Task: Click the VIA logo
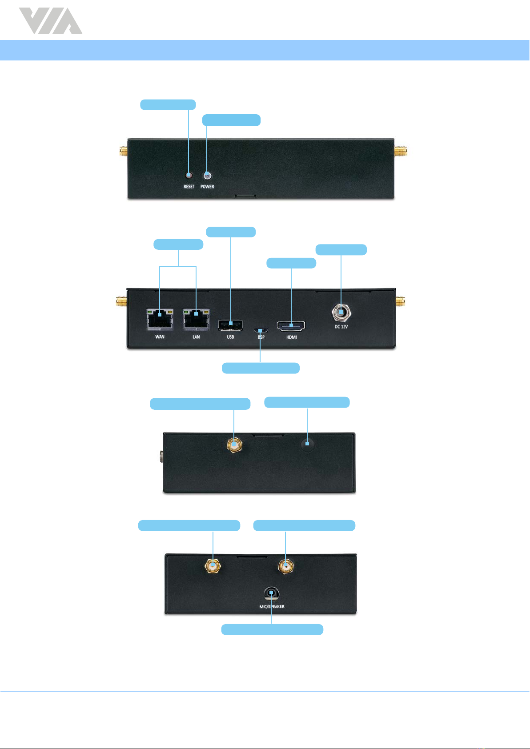pyautogui.click(x=50, y=21)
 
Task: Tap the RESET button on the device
pyautogui.click(x=189, y=175)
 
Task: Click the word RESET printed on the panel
pyautogui.click(x=189, y=187)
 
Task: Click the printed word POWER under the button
pyautogui.click(x=207, y=187)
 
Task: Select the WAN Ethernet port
pyautogui.click(x=160, y=319)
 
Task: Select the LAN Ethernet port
pyautogui.click(x=196, y=319)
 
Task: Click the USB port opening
pyautogui.click(x=230, y=324)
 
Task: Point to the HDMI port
pyautogui.click(x=291, y=326)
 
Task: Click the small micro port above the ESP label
pyautogui.click(x=261, y=330)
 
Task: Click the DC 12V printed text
pyautogui.click(x=341, y=327)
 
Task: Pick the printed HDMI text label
pyautogui.click(x=291, y=337)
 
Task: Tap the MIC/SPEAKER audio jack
pyautogui.click(x=271, y=593)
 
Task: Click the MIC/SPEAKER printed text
pyautogui.click(x=272, y=607)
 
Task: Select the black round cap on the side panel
pyautogui.click(x=307, y=444)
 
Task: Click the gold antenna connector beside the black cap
pyautogui.click(x=234, y=444)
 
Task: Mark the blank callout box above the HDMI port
pyautogui.click(x=291, y=263)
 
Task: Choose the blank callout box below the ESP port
pyautogui.click(x=261, y=368)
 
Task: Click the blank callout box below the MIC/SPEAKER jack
pyautogui.click(x=272, y=629)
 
